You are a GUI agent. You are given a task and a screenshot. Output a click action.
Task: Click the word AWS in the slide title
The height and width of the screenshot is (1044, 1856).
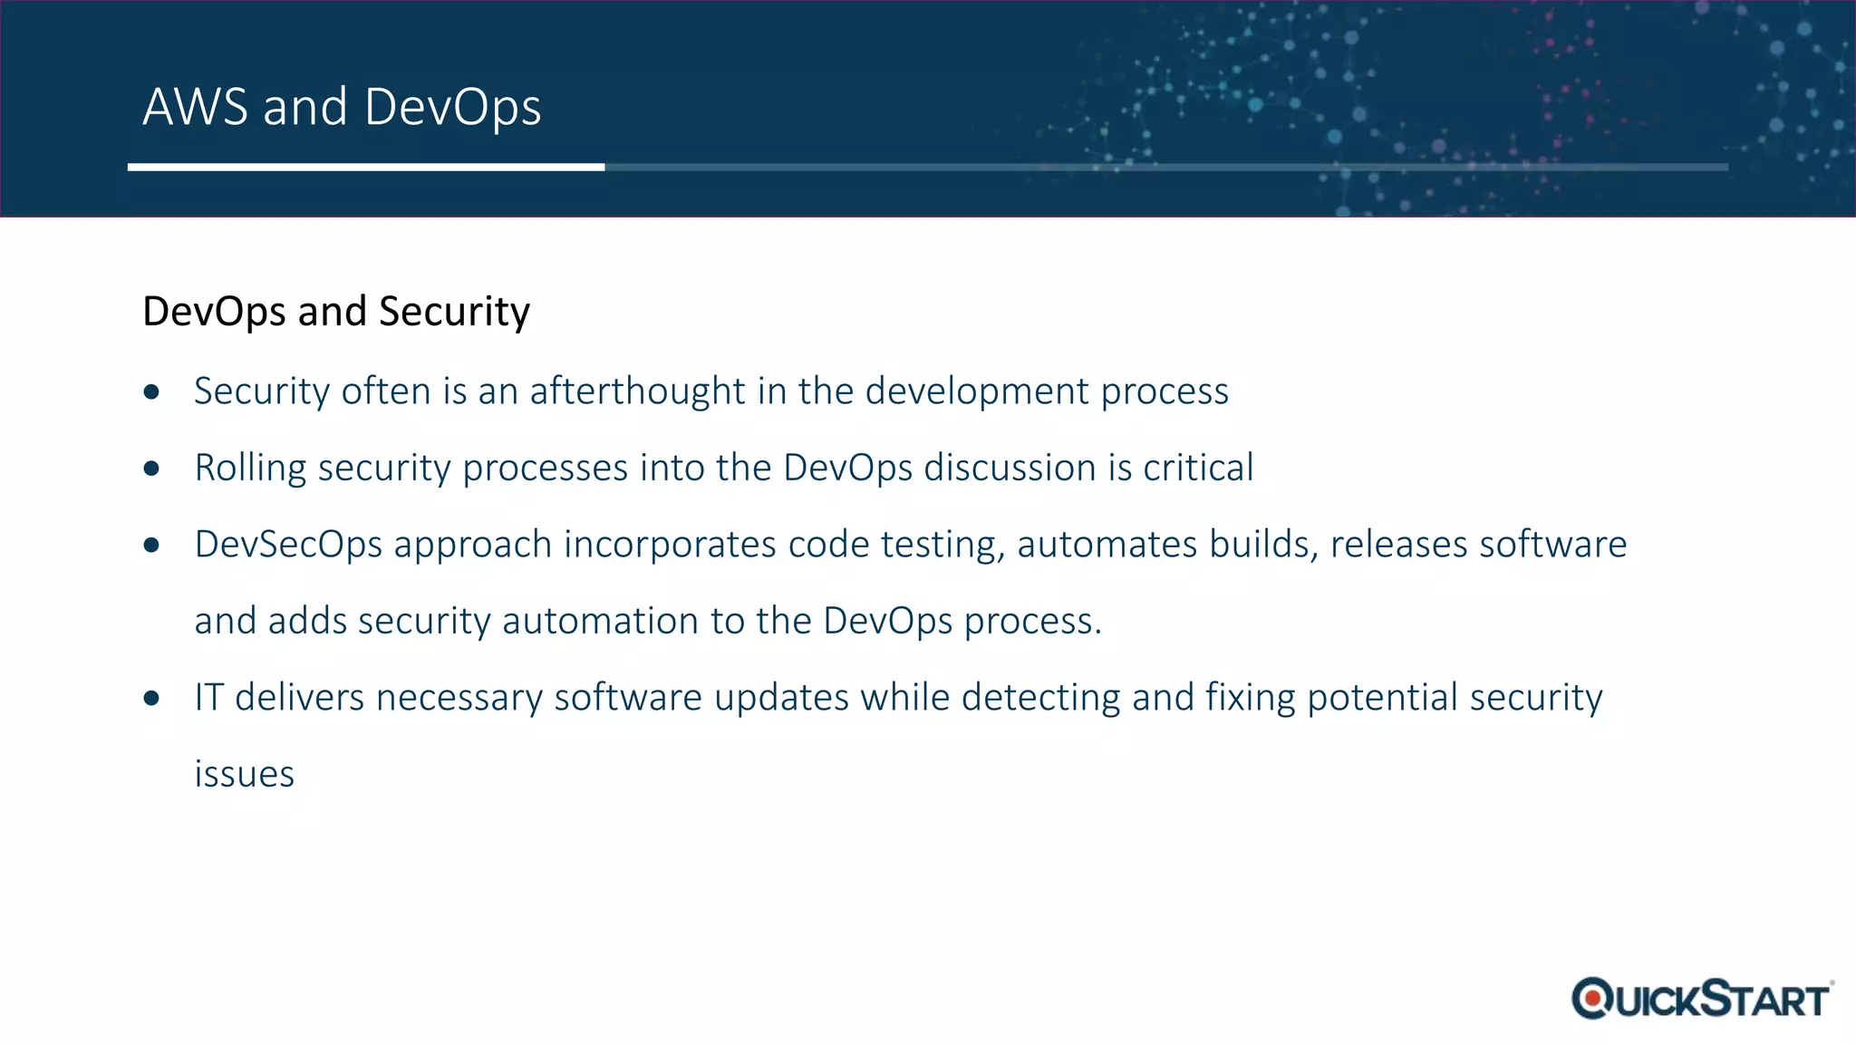pos(195,107)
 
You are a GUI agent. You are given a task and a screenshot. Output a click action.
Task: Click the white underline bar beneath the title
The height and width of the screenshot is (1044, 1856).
pos(365,167)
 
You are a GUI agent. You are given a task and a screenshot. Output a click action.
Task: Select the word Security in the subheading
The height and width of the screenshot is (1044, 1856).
pos(454,313)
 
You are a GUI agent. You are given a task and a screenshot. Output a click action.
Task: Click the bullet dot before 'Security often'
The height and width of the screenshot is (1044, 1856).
pos(151,391)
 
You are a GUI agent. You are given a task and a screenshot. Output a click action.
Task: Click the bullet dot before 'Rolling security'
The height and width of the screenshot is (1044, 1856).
pos(151,469)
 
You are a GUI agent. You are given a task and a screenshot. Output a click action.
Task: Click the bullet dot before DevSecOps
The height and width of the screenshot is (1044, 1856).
pos(151,545)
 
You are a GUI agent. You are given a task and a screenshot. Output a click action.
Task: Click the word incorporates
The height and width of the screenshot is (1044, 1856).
pos(670,545)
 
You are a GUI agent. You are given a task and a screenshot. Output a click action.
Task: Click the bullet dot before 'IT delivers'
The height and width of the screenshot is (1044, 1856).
pos(151,698)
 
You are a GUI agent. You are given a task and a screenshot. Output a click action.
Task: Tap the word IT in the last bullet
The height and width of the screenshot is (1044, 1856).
pos(208,698)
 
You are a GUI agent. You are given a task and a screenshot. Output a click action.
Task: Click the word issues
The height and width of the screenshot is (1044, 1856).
pos(244,775)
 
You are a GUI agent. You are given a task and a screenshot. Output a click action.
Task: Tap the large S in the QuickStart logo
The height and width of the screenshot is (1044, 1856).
pos(1715,997)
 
